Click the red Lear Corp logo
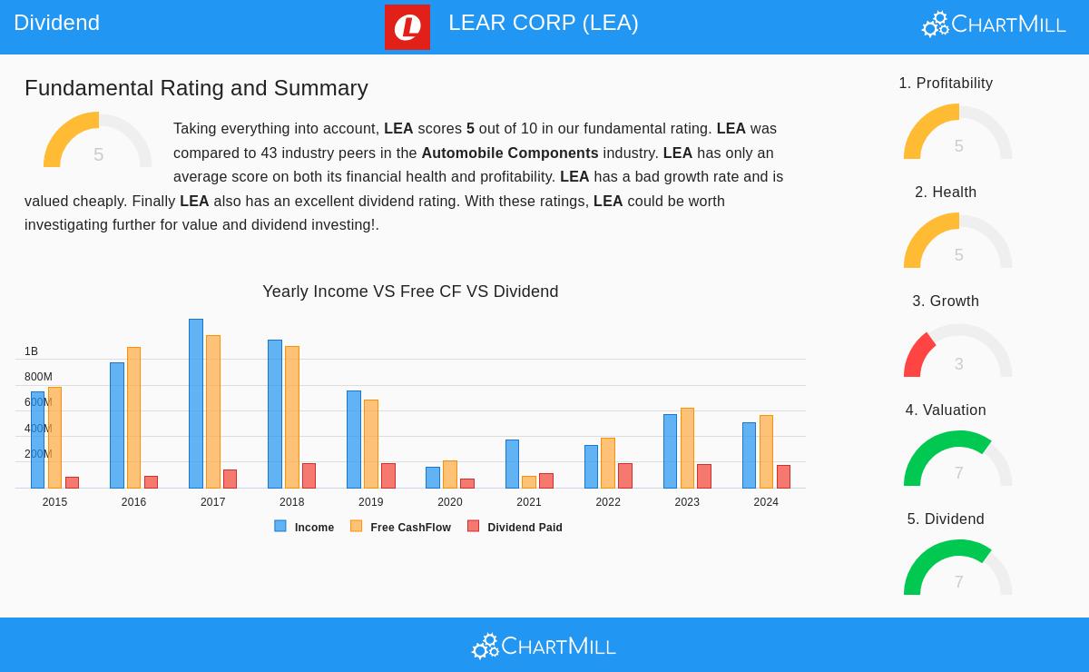(x=407, y=27)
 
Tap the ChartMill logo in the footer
(x=544, y=647)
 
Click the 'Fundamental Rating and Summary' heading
(x=196, y=88)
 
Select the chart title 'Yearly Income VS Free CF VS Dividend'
(x=410, y=292)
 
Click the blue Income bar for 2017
(x=196, y=403)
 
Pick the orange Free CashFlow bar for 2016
(x=134, y=418)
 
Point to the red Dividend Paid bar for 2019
(x=388, y=476)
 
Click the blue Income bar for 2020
(x=433, y=478)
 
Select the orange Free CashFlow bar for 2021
(x=529, y=482)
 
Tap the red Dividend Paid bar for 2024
(x=783, y=477)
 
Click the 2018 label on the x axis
(x=291, y=502)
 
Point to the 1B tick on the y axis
(x=31, y=351)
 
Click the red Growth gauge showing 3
(x=957, y=352)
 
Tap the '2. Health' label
(x=946, y=193)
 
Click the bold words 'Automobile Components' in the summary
(x=509, y=153)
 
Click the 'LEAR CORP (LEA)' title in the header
(x=543, y=23)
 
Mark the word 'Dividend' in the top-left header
(x=56, y=23)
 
